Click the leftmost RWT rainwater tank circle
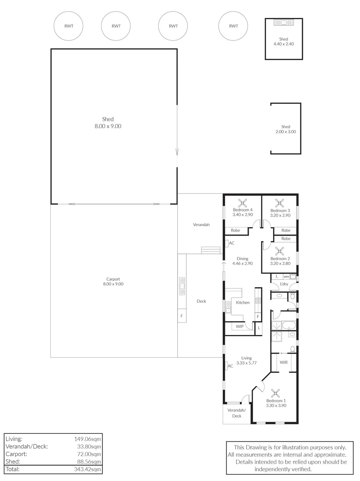(x=69, y=26)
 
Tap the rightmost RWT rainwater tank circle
(x=233, y=26)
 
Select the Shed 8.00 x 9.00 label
(x=107, y=122)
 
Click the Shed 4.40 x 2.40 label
(x=283, y=41)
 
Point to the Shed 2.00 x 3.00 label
(x=286, y=129)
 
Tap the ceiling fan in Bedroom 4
(x=242, y=203)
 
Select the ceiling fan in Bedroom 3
(x=280, y=203)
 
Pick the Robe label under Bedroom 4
(x=235, y=230)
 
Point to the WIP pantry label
(x=240, y=327)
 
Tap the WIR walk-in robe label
(x=283, y=363)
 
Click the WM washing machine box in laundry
(x=286, y=277)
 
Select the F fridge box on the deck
(x=181, y=316)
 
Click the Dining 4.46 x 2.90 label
(x=242, y=261)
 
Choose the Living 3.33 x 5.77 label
(x=246, y=360)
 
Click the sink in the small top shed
(x=283, y=22)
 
